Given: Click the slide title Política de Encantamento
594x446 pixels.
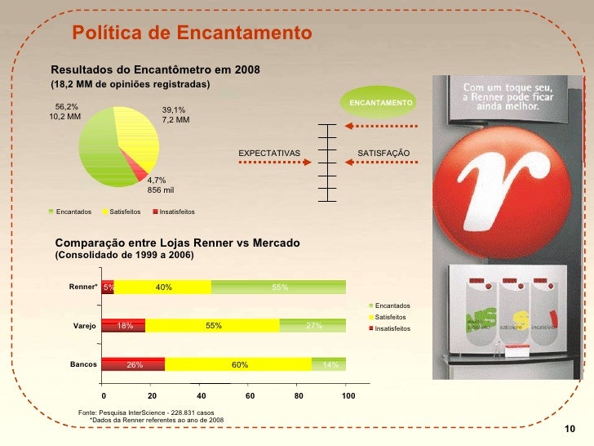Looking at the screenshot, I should pos(192,33).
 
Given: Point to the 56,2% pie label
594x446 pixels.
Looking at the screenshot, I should pos(66,106).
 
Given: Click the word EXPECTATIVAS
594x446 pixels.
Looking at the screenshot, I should pos(269,153).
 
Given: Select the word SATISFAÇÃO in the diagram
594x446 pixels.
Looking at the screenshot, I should pos(383,153).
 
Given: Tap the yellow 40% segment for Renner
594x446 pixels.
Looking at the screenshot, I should pos(162,287).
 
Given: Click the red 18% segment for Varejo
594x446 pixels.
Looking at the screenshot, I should pos(124,325).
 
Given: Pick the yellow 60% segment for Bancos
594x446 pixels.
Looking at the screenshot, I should pos(238,364).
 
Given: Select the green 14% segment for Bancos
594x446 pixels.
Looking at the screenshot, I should pos(329,364).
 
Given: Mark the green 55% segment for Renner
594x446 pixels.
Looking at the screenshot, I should pos(279,287).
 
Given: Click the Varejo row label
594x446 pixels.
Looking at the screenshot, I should pos(85,326).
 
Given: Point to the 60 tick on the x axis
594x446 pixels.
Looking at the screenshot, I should pos(250,395).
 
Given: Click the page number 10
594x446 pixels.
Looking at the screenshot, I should pos(570,430).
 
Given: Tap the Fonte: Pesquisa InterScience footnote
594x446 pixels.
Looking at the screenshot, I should pos(146,413).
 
